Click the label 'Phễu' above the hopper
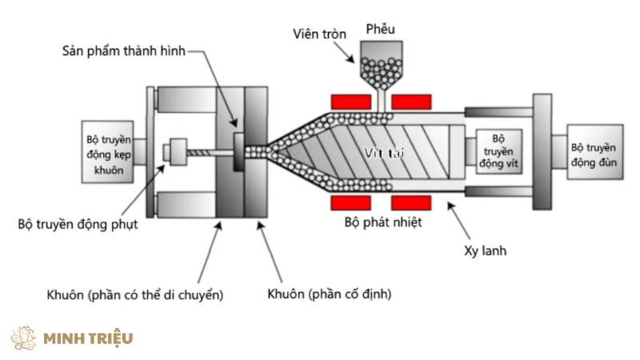pos(380,30)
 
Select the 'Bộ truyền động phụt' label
pos(78,225)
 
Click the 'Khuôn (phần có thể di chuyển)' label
pos(135,294)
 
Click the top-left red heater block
pos(350,102)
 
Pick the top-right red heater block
pos(413,102)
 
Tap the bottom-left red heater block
pos(350,202)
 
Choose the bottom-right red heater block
pos(413,202)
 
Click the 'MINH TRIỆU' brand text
pos(88,338)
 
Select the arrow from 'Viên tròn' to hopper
pos(342,50)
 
